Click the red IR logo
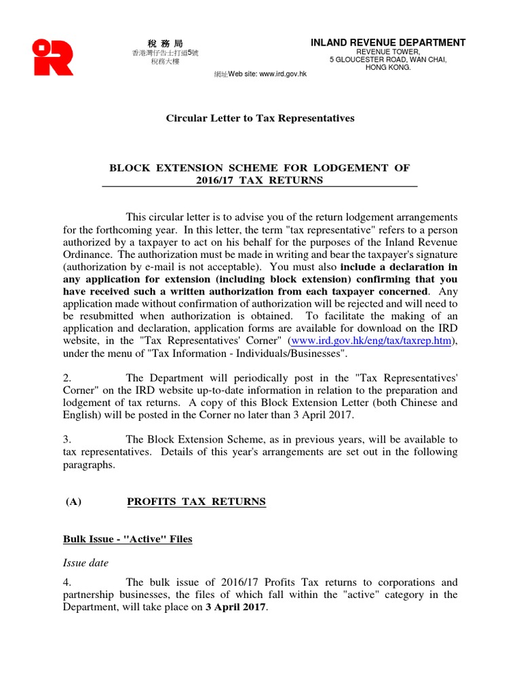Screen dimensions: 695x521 [x=52, y=57]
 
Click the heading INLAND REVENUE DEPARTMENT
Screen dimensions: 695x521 [x=388, y=43]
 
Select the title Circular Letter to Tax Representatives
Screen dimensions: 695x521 [x=260, y=118]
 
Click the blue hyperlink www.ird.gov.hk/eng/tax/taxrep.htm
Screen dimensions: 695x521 [x=370, y=341]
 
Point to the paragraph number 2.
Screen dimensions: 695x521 [x=66, y=377]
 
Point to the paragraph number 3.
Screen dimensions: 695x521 [x=66, y=440]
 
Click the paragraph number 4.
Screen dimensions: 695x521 [x=66, y=582]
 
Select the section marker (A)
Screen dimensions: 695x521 [x=73, y=502]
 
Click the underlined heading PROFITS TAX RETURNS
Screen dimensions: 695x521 [x=197, y=502]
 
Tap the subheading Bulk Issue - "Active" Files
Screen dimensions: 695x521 [x=128, y=540]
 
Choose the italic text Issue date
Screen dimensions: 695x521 [x=85, y=563]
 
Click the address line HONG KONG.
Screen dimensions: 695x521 [x=388, y=68]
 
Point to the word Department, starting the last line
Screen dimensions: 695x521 [x=90, y=607]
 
